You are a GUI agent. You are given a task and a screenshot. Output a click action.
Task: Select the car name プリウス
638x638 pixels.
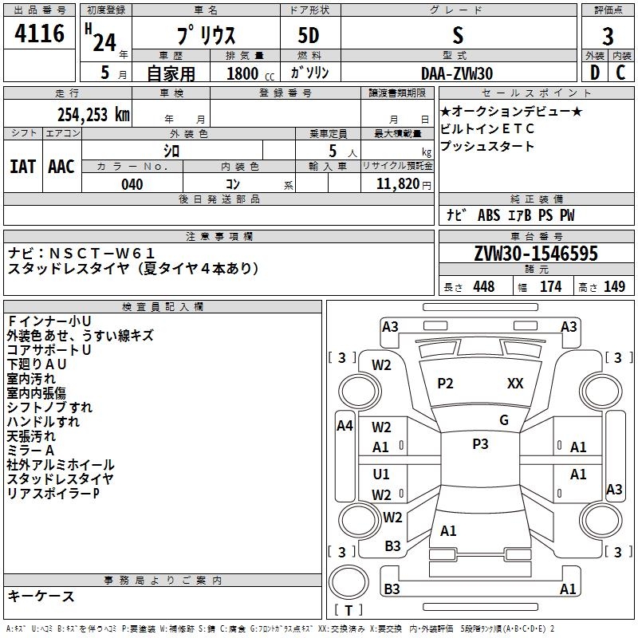(x=204, y=36)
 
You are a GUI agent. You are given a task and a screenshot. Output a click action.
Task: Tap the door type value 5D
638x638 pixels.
(x=309, y=36)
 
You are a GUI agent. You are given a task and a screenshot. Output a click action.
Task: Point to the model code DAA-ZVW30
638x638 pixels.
(x=457, y=73)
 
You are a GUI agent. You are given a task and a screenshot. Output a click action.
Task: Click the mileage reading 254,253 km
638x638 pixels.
(x=93, y=114)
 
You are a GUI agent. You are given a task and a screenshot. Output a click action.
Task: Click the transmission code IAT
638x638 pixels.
(x=22, y=167)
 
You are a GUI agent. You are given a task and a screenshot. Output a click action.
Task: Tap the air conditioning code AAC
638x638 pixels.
(x=61, y=167)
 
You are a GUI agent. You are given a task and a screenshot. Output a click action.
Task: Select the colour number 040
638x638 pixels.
(x=132, y=184)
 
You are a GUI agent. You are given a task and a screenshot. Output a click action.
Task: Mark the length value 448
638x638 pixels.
(x=483, y=287)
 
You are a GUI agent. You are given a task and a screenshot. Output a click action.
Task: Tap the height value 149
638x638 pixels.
(x=614, y=287)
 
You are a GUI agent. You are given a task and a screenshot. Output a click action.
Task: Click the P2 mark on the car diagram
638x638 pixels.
(x=445, y=384)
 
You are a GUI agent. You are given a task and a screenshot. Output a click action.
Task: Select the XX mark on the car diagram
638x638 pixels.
(x=515, y=384)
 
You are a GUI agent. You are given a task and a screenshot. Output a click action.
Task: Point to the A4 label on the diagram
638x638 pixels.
(x=345, y=426)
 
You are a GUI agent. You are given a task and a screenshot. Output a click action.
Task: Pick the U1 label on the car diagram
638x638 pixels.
(x=381, y=475)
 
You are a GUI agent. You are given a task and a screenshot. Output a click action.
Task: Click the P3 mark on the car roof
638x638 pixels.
(x=480, y=444)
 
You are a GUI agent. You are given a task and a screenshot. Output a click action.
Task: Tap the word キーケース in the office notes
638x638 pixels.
(x=41, y=596)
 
